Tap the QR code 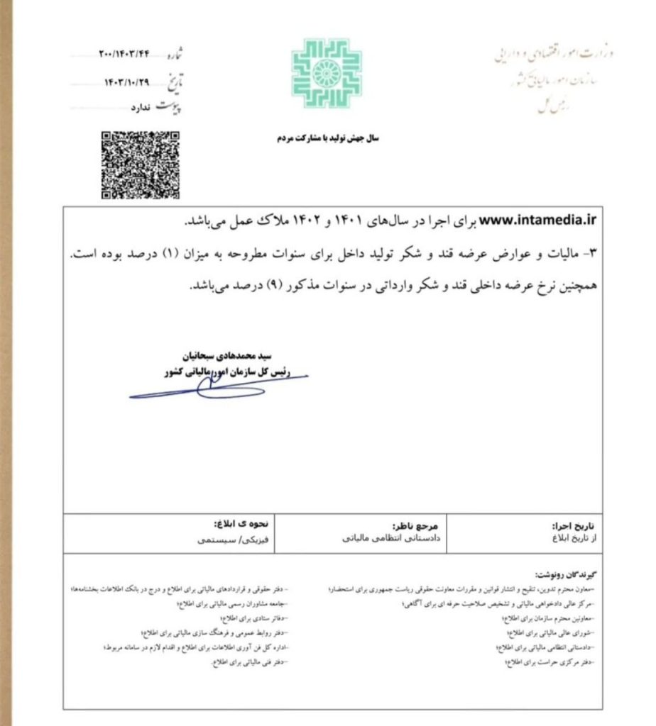click(140, 164)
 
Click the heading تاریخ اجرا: click(572, 526)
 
